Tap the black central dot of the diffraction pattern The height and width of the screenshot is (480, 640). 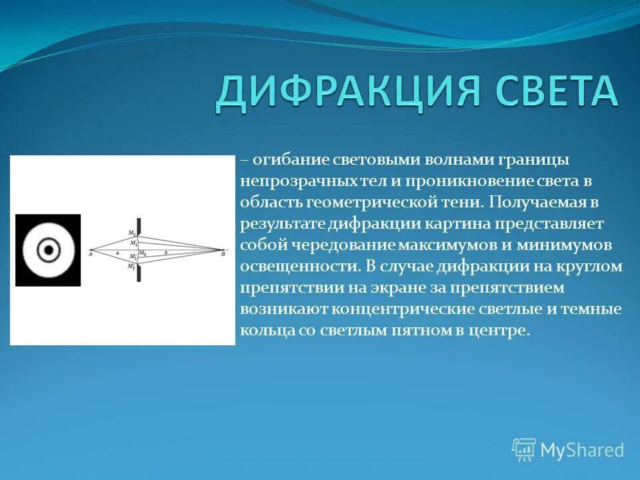48,251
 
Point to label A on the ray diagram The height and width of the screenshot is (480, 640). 89,254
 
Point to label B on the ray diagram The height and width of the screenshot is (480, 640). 223,254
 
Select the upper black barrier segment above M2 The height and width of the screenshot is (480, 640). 138,225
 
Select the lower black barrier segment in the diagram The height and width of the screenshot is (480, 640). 138,273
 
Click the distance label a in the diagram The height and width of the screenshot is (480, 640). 116,253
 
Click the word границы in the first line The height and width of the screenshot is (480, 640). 534,161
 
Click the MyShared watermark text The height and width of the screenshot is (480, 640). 582,451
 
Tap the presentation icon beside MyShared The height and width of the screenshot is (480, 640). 524,450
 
